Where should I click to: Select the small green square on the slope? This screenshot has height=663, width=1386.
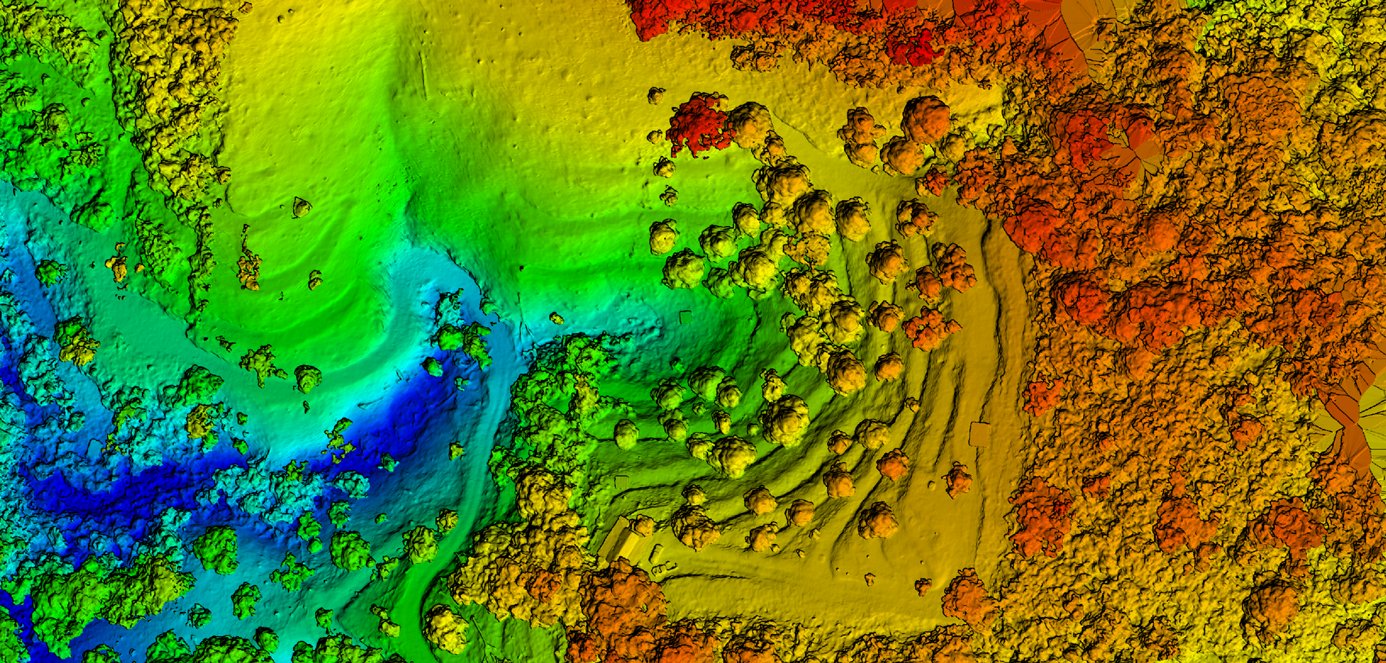click(685, 317)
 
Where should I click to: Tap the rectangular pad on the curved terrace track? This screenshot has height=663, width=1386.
click(978, 433)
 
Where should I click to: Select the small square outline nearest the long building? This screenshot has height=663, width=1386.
click(621, 481)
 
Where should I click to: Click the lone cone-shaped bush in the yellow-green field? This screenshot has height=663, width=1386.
click(301, 207)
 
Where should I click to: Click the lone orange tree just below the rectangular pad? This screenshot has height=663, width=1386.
click(958, 479)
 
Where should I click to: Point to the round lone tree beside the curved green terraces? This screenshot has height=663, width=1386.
click(307, 378)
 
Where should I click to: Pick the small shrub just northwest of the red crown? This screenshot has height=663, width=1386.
click(656, 95)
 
